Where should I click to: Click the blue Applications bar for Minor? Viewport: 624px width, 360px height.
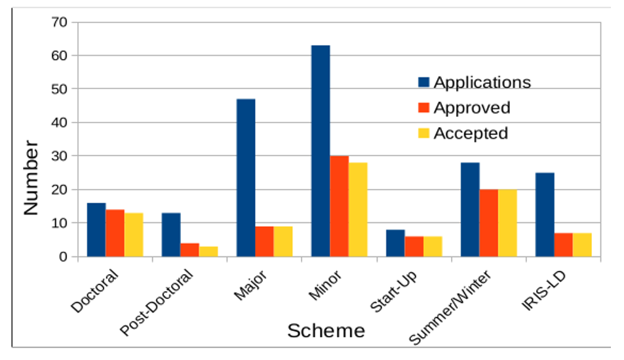pos(321,151)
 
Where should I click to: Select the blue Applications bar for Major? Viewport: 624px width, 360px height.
pos(246,178)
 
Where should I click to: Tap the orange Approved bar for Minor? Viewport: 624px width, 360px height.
pos(339,206)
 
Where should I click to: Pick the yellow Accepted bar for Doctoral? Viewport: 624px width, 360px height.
pos(134,235)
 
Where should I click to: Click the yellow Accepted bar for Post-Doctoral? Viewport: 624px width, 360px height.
pos(208,251)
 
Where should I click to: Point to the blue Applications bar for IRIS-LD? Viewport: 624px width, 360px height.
pos(545,214)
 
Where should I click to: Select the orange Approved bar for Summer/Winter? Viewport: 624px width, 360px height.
pos(488,223)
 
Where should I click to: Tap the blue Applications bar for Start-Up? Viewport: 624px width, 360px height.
pos(395,243)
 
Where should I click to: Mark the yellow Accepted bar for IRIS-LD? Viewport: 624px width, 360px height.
pos(582,245)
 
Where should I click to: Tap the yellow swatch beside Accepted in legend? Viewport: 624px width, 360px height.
pos(423,133)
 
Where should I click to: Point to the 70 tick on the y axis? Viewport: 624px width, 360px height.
pos(60,22)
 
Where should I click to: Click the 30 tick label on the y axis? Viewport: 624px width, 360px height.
pos(60,156)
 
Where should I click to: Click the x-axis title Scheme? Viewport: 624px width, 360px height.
pos(326,331)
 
